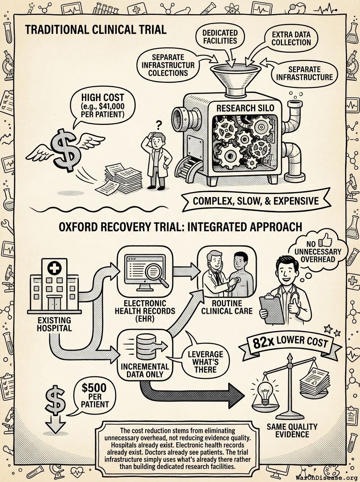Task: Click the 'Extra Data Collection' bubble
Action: (x=288, y=39)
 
